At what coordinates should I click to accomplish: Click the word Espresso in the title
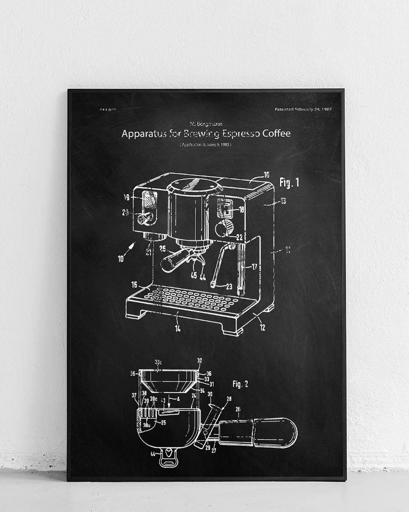(x=244, y=134)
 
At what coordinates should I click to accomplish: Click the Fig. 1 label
(x=289, y=183)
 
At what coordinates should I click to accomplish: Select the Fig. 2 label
(x=240, y=384)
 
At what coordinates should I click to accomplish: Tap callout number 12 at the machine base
(x=262, y=326)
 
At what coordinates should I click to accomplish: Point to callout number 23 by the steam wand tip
(x=229, y=287)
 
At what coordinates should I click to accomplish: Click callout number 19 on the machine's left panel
(x=127, y=198)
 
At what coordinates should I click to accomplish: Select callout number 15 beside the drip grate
(x=135, y=285)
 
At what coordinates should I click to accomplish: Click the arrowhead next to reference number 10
(x=132, y=246)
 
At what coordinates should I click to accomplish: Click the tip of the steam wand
(x=212, y=285)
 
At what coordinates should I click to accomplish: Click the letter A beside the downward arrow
(x=178, y=397)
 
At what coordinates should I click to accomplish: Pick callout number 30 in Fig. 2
(x=210, y=394)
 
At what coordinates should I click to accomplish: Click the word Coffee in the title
(x=274, y=134)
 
